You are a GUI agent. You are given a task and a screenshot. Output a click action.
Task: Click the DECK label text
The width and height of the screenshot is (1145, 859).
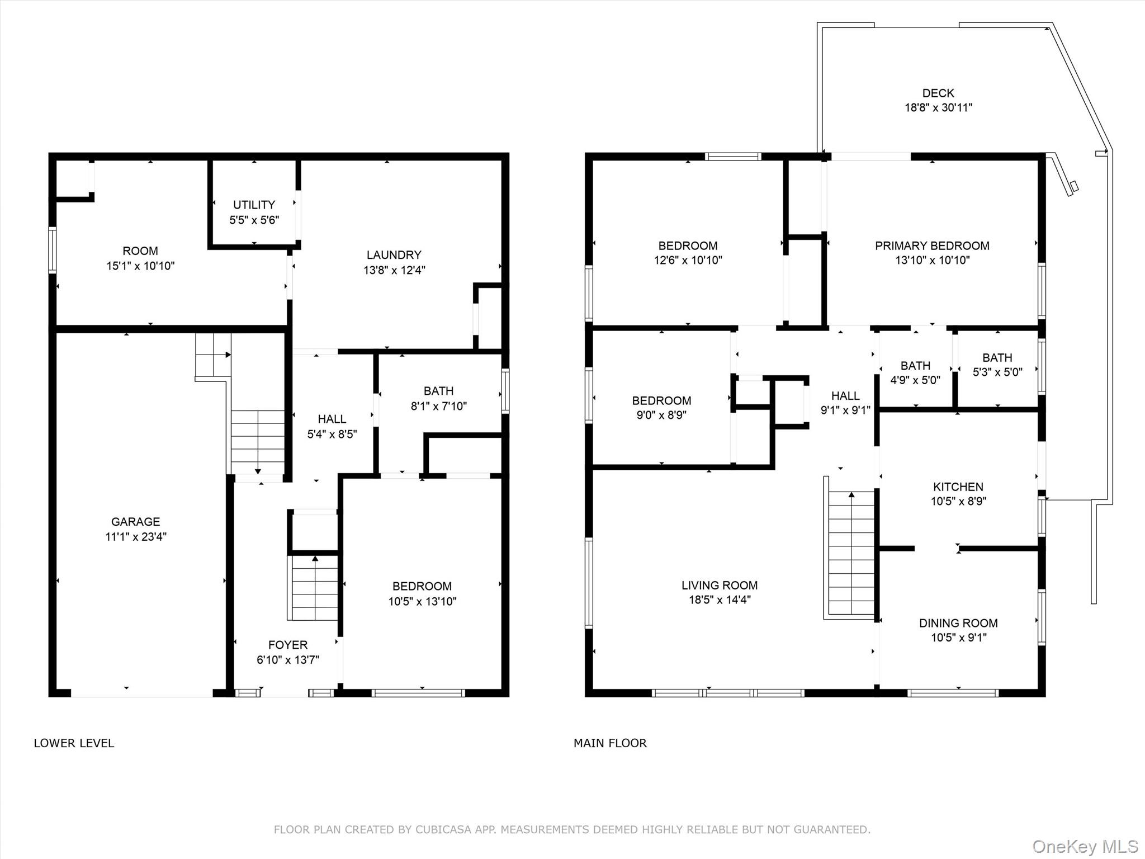(938, 93)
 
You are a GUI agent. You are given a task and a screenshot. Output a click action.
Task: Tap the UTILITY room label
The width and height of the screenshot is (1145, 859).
(254, 205)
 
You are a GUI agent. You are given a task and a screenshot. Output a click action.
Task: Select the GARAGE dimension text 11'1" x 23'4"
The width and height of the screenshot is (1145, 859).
(136, 537)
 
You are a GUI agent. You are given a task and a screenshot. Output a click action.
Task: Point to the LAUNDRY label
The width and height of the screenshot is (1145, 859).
(394, 255)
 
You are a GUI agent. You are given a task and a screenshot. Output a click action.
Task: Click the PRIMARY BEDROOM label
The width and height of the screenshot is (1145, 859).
(931, 246)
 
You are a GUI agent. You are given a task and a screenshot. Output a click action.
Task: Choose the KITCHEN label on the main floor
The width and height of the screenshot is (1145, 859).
(958, 487)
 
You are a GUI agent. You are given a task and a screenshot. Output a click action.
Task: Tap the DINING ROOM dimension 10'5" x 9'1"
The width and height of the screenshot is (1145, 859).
(958, 638)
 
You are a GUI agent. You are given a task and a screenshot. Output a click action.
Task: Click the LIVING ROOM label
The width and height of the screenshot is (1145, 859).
(719, 585)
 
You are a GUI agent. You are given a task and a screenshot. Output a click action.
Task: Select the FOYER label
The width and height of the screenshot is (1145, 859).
(287, 645)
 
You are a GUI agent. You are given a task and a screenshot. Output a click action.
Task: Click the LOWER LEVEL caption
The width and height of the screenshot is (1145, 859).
(74, 743)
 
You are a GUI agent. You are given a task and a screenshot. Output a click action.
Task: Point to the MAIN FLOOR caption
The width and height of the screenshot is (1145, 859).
(610, 743)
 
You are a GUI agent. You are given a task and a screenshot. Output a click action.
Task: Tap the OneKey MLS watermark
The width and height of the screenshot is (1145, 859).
(1085, 846)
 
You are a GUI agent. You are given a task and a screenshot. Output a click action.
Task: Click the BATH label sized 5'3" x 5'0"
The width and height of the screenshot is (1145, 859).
(997, 357)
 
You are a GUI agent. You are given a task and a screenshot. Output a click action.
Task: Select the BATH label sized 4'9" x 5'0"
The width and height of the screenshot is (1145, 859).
(915, 366)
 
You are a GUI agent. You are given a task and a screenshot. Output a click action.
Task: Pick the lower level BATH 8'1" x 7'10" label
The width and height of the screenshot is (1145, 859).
(438, 391)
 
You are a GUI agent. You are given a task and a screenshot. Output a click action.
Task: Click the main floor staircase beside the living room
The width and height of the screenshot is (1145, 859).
(850, 554)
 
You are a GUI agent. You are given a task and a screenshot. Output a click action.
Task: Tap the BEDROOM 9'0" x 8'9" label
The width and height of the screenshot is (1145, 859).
(661, 400)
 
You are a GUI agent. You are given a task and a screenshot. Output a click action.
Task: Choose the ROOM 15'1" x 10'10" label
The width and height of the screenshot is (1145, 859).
(140, 251)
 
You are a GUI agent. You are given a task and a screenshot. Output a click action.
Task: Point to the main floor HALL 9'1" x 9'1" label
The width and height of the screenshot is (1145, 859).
(845, 396)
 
